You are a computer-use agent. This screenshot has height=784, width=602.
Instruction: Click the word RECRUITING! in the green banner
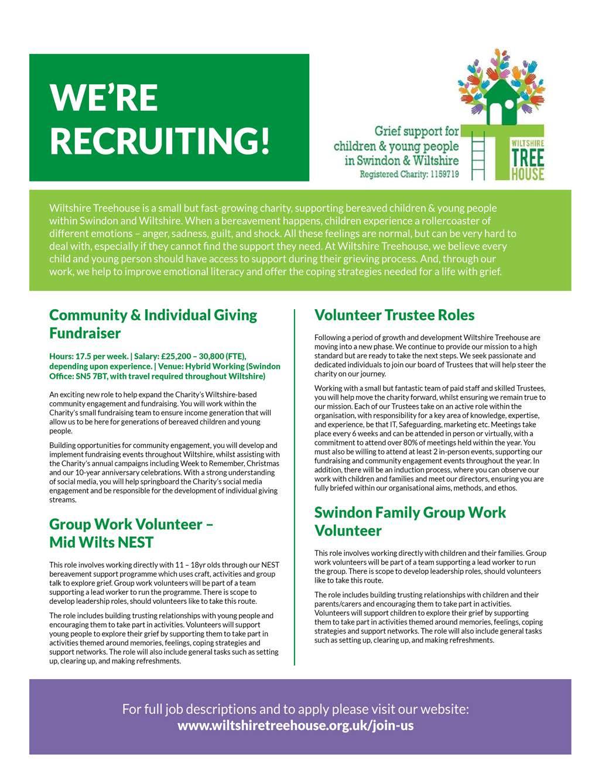(x=160, y=139)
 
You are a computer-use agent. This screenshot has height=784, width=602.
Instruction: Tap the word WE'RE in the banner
(x=104, y=97)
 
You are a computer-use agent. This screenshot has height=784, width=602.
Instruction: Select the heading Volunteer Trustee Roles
(x=394, y=315)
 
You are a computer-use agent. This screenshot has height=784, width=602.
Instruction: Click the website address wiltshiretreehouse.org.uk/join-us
(x=295, y=725)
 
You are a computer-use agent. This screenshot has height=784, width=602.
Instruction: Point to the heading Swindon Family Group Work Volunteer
(x=410, y=521)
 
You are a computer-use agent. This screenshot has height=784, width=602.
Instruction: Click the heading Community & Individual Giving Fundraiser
(x=153, y=324)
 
